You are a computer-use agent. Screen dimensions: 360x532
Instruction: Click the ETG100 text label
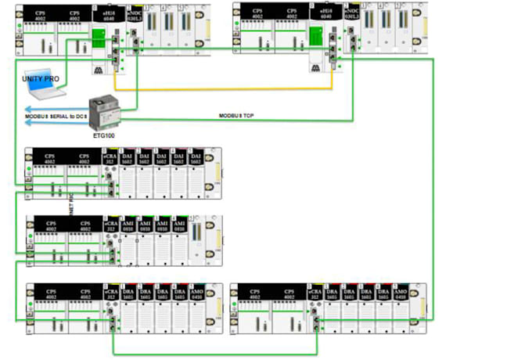click(x=103, y=135)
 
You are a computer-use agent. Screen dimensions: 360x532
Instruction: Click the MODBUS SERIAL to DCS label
click(x=54, y=116)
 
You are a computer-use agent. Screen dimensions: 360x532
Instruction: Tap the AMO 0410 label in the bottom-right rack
click(x=401, y=295)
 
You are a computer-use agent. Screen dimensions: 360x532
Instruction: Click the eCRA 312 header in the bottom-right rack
click(x=315, y=295)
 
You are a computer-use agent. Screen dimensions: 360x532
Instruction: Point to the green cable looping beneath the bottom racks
click(x=215, y=353)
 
